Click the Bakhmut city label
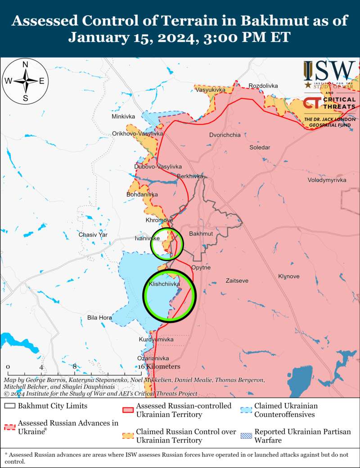pyautogui.click(x=201, y=234)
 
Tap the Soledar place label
pyautogui.click(x=260, y=147)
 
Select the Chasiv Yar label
pyautogui.click(x=93, y=235)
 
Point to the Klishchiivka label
pyautogui.click(x=164, y=285)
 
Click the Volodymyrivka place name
pyautogui.click(x=327, y=180)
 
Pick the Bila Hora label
pyautogui.click(x=99, y=318)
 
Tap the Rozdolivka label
pyautogui.click(x=263, y=85)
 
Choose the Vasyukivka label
pyautogui.click(x=211, y=90)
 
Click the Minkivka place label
pyautogui.click(x=123, y=117)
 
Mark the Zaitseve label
pyautogui.click(x=237, y=281)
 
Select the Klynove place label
pyautogui.click(x=288, y=276)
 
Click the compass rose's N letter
pyautogui.click(x=26, y=64)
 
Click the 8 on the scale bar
pyautogui.click(x=75, y=366)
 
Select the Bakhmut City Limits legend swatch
pyautogui.click(x=10, y=406)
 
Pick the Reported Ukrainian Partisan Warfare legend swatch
pyautogui.click(x=246, y=436)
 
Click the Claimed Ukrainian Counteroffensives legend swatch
pyautogui.click(x=246, y=410)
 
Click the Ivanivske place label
pyautogui.click(x=147, y=239)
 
